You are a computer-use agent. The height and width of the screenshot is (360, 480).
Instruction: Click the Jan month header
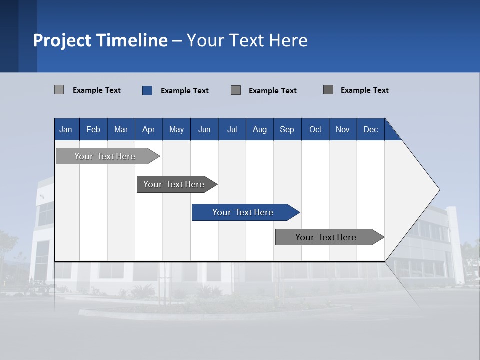point(66,129)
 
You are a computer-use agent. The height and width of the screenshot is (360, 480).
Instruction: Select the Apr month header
point(148,129)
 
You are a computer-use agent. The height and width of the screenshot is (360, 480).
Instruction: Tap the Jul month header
point(232,129)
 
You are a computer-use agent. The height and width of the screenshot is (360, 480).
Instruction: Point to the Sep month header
point(287,129)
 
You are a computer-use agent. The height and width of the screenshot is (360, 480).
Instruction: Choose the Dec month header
point(370,129)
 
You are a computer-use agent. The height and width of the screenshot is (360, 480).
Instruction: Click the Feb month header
point(93,129)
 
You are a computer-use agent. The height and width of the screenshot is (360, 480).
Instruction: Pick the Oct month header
point(315,129)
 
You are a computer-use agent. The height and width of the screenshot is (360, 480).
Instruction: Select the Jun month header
point(204,129)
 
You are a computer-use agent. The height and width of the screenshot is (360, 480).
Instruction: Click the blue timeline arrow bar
point(243,212)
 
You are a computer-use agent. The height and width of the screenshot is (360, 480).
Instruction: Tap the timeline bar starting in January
point(105,156)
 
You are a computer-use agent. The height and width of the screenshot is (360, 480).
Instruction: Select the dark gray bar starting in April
point(174,184)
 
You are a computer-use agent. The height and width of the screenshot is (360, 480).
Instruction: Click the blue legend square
point(147,90)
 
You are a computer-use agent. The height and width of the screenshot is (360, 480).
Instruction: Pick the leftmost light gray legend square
point(59,90)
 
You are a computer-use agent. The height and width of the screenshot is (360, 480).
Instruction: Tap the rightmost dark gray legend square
point(328,90)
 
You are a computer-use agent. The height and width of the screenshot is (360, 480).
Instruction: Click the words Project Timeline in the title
point(100,40)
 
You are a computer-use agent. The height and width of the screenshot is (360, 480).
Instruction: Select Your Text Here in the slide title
point(247,40)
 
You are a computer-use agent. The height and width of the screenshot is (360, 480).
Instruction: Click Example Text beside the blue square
point(185,91)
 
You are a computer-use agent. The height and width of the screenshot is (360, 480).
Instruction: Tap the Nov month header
point(343,129)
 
